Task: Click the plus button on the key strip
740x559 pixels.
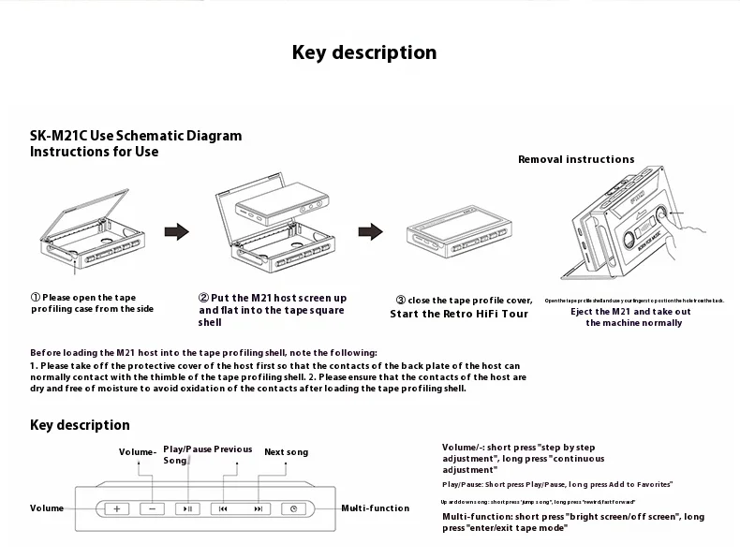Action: click(117, 508)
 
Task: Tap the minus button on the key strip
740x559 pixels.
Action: click(152, 508)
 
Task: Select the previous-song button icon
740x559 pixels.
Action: click(223, 508)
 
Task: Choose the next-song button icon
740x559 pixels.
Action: click(258, 508)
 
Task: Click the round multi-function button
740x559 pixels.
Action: click(293, 508)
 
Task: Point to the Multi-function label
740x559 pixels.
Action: click(375, 508)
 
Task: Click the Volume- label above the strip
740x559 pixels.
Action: click(138, 452)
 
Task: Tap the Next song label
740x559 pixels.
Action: click(286, 452)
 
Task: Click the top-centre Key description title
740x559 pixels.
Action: click(364, 52)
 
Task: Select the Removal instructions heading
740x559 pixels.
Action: click(576, 159)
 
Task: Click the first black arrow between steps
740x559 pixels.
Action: click(176, 232)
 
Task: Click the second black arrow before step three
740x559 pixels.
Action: click(372, 231)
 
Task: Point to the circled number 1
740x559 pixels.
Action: click(36, 297)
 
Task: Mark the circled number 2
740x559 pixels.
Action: click(203, 298)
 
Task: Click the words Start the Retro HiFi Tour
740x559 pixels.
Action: click(459, 314)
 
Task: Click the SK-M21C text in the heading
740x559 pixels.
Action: click(58, 136)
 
